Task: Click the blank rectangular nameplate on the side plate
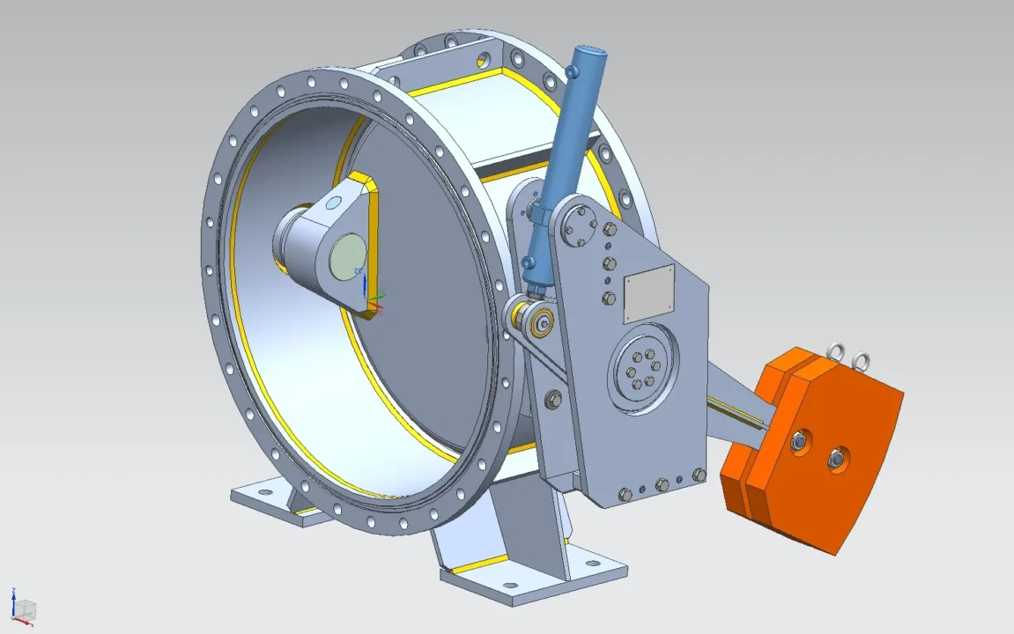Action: point(649,295)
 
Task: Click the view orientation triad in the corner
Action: point(22,608)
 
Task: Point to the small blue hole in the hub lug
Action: point(333,203)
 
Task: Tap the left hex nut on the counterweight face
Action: point(801,442)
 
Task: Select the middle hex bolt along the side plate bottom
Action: point(662,485)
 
